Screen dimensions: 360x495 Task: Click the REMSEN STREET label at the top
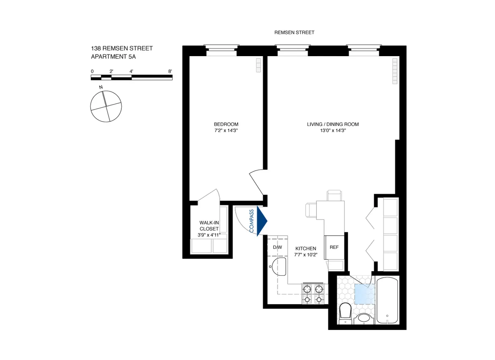tap(295, 32)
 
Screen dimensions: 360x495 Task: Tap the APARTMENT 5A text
tap(113, 57)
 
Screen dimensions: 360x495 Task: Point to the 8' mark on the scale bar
tap(170, 71)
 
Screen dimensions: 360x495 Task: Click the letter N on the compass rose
tap(101, 88)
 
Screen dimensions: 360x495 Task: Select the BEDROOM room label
tap(226, 124)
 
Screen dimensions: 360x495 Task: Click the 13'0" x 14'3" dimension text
tap(332, 130)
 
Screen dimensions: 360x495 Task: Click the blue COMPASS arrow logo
tap(262, 221)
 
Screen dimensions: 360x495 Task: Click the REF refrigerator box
tap(334, 247)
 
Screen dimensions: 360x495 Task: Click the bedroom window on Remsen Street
tap(222, 50)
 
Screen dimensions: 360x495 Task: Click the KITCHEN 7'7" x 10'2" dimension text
tap(306, 255)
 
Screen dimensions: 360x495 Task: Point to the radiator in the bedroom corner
tap(259, 65)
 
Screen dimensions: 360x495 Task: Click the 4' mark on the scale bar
tap(131, 71)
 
